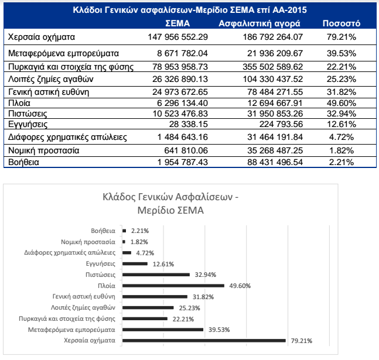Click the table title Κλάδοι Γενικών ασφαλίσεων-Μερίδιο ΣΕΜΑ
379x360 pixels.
(x=189, y=10)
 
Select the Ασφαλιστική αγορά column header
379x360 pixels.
(x=260, y=24)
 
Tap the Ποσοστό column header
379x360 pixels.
(x=341, y=24)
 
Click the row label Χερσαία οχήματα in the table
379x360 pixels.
(x=42, y=37)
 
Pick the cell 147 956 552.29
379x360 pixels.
(x=176, y=37)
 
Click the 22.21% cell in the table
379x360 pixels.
(x=341, y=66)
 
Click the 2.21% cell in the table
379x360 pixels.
(x=341, y=161)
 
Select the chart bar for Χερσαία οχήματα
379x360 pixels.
(x=204, y=340)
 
